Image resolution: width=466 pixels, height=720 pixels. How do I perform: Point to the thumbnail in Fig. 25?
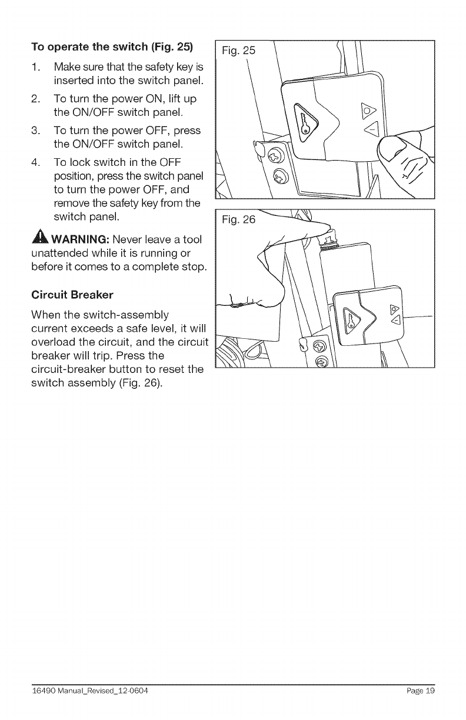click(391, 149)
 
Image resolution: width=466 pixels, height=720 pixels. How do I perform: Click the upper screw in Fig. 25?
click(275, 156)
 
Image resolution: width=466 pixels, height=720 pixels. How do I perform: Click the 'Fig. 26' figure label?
click(239, 221)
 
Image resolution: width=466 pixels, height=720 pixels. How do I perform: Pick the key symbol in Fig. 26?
click(351, 319)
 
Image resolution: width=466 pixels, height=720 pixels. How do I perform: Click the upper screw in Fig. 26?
click(319, 345)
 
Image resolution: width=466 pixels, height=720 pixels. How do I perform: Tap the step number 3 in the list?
click(35, 130)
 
